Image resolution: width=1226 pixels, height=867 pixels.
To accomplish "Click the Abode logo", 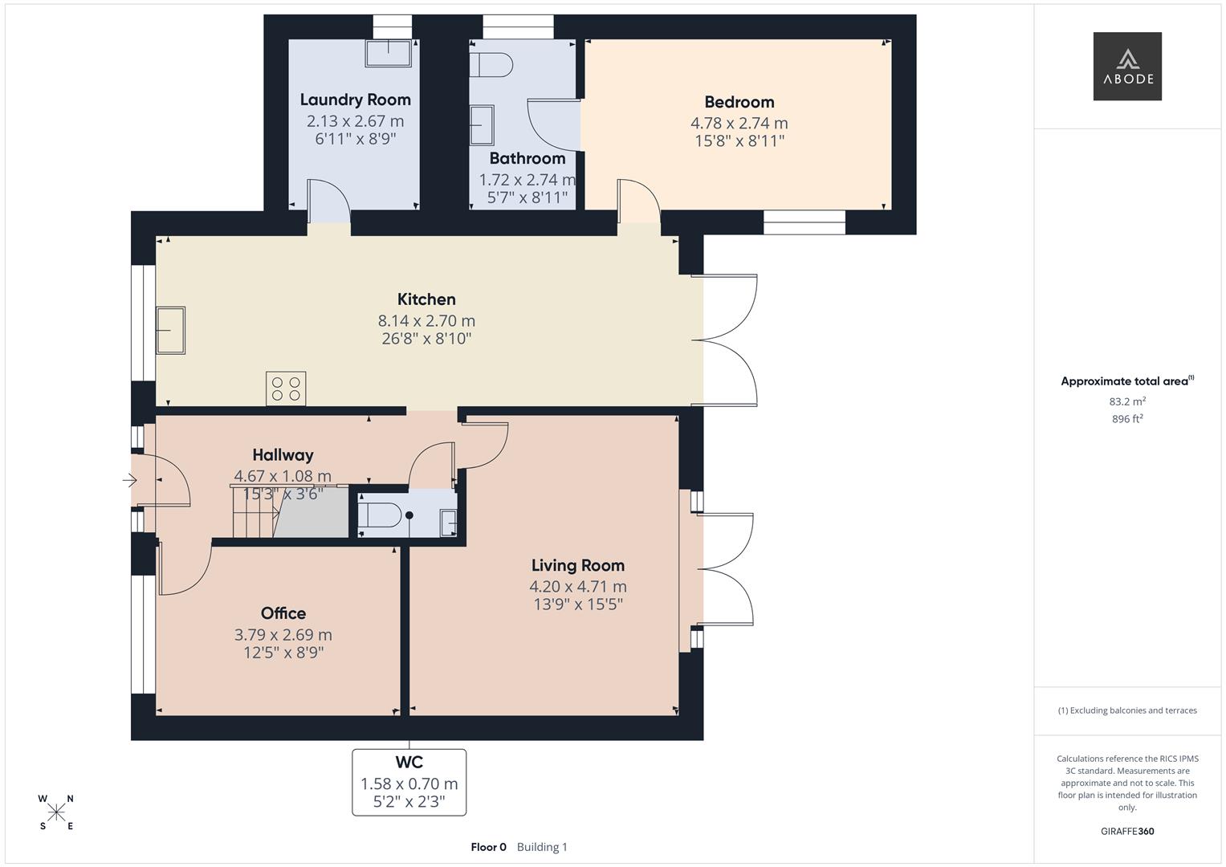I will pyautogui.click(x=1126, y=66).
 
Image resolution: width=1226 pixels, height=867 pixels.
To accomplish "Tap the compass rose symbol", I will pyautogui.click(x=56, y=812).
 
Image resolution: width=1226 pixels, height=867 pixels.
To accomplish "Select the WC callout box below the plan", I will pyautogui.click(x=409, y=782).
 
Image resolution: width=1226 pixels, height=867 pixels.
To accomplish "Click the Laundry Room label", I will pyautogui.click(x=355, y=100).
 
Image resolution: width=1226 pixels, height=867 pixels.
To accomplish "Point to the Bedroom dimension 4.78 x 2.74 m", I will pyautogui.click(x=739, y=123).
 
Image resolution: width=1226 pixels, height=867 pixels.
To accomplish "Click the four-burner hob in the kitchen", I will pyautogui.click(x=287, y=389).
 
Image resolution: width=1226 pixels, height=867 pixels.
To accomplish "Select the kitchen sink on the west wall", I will pyautogui.click(x=170, y=330).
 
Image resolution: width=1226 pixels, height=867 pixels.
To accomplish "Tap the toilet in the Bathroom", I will pyautogui.click(x=491, y=65).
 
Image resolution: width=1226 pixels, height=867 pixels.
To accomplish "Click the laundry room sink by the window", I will pyautogui.click(x=389, y=54).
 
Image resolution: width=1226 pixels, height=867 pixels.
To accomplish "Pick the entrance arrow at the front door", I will pyautogui.click(x=129, y=480).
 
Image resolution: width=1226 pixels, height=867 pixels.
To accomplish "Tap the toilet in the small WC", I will pyautogui.click(x=380, y=515).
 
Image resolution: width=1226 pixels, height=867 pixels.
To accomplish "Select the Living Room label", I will pyautogui.click(x=577, y=565).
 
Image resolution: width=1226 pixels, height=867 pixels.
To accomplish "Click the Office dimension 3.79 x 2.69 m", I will pyautogui.click(x=283, y=634).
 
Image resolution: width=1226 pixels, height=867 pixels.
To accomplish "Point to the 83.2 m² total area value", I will pyautogui.click(x=1126, y=401).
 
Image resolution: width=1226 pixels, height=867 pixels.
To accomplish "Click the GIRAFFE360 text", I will pyautogui.click(x=1126, y=831).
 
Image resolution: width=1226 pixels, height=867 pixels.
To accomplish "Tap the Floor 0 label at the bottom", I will pyautogui.click(x=488, y=847).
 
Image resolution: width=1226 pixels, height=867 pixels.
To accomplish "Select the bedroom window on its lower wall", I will pyautogui.click(x=804, y=222).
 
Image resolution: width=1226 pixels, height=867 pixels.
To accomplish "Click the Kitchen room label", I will pyautogui.click(x=426, y=299).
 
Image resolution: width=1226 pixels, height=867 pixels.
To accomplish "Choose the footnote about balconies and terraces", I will pyautogui.click(x=1126, y=710).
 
